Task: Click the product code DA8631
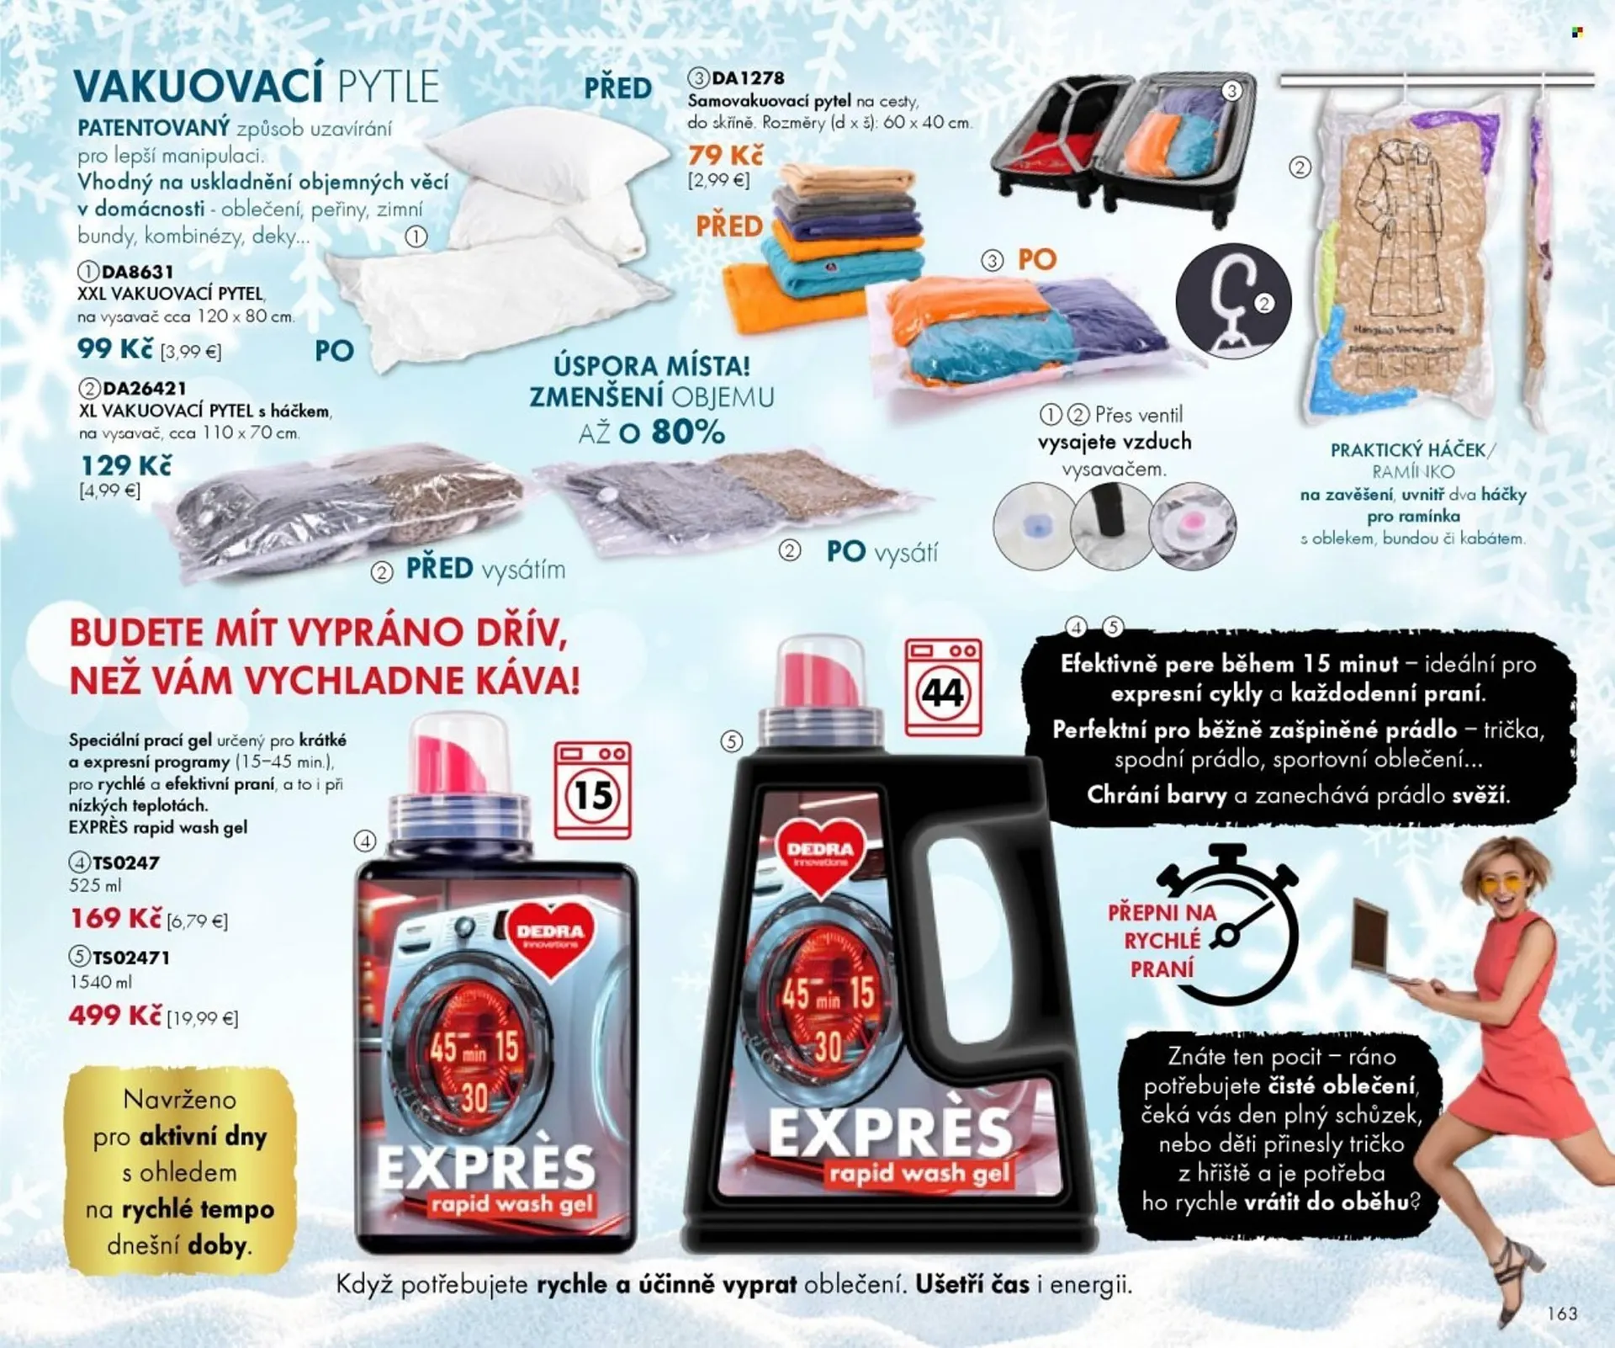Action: [136, 272]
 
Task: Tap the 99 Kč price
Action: [114, 348]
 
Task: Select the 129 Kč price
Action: [125, 465]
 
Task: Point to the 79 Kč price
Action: [725, 156]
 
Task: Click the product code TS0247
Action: [124, 862]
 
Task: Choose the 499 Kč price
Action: [114, 1016]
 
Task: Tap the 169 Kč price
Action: [115, 918]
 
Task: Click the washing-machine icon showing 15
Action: [592, 790]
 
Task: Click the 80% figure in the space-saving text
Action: [687, 433]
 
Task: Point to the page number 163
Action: [1562, 1314]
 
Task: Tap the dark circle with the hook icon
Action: [1232, 300]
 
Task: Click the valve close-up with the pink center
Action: [1192, 526]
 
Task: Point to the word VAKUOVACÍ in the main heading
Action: [199, 86]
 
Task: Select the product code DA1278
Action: [747, 78]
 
